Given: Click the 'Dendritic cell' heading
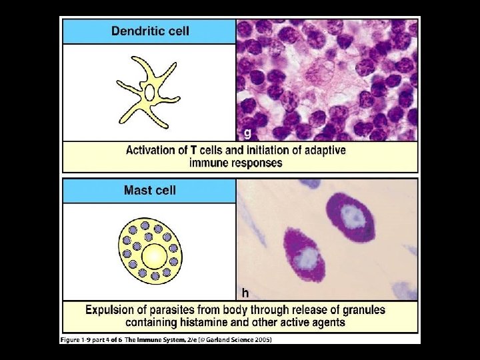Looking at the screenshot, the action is tap(149, 31).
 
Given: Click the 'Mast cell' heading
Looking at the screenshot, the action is tap(149, 191).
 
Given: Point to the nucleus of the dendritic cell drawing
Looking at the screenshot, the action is tap(150, 92).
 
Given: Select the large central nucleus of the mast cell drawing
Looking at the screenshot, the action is tap(155, 255).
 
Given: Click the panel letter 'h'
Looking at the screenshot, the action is tap(245, 292).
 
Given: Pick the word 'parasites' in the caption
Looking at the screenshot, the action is tap(176, 310).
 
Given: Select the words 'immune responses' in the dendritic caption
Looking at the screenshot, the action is tap(236, 163).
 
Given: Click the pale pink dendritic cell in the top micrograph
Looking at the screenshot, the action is tap(327, 74).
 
